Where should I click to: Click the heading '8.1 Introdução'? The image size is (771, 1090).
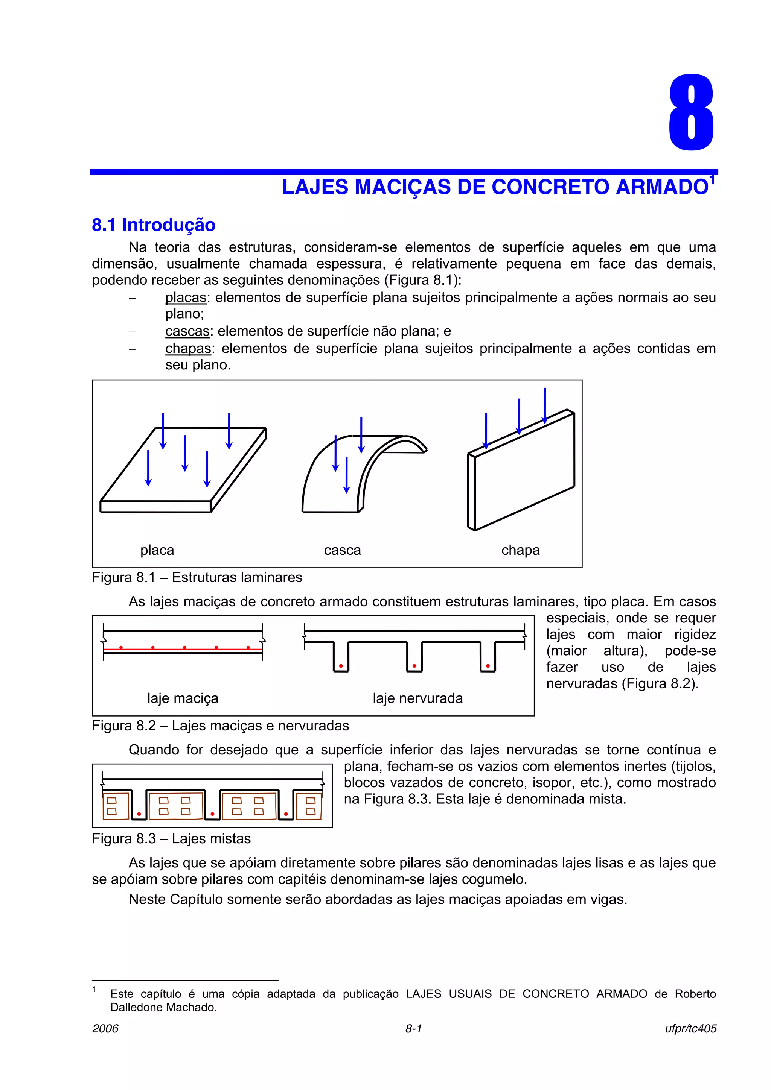[154, 225]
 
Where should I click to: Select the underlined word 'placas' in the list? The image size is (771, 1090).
[186, 298]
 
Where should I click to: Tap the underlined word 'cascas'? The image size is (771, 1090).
[187, 331]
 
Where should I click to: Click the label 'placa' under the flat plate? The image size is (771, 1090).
[157, 550]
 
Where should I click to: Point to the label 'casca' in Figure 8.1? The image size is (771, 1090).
[342, 550]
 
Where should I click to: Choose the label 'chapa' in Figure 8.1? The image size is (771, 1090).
[520, 550]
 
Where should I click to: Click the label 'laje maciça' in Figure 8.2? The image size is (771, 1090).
[183, 698]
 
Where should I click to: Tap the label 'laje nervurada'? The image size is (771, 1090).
[417, 698]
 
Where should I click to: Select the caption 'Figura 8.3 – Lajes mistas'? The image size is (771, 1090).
[171, 839]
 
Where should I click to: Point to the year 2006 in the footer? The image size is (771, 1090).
[105, 1029]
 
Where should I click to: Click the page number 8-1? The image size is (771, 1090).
[413, 1029]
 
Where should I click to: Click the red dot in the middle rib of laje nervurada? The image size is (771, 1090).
[414, 666]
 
